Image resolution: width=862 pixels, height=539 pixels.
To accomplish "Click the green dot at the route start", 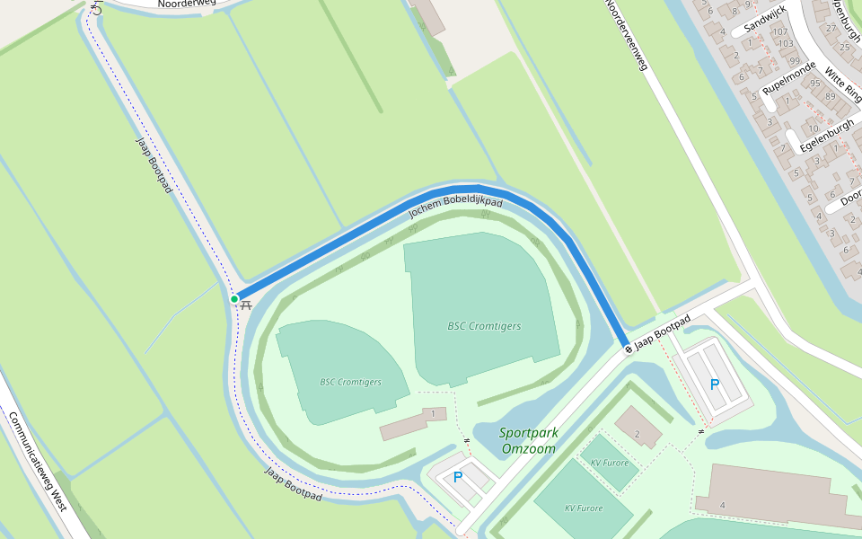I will (233, 299).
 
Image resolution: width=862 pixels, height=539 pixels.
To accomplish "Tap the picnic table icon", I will (245, 305).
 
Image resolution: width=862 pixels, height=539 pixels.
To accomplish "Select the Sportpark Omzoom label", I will (529, 440).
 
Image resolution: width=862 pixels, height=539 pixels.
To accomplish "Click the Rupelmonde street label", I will (789, 78).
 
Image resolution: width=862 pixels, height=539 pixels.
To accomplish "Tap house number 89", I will (830, 95).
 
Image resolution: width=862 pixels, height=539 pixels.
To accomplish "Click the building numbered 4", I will (722, 505).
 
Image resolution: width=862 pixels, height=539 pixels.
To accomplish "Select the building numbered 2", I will (637, 434).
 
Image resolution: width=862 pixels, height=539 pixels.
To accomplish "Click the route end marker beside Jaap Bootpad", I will (629, 349).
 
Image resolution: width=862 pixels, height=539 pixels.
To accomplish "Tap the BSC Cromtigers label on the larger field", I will (484, 326).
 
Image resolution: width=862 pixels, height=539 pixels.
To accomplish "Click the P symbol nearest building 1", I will (458, 477).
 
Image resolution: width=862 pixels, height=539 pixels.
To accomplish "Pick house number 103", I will (786, 43).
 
